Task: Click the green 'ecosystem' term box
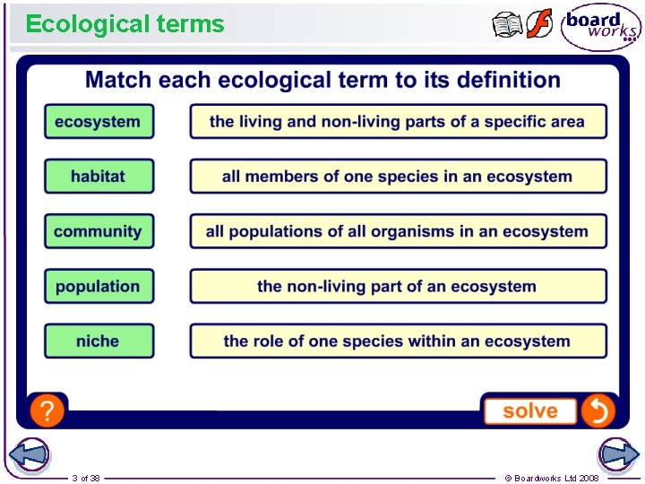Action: pyautogui.click(x=99, y=122)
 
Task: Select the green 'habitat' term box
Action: pyautogui.click(x=99, y=177)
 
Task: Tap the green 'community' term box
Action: pyautogui.click(x=99, y=231)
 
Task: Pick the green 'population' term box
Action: pyautogui.click(x=99, y=287)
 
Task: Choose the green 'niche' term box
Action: pyautogui.click(x=99, y=341)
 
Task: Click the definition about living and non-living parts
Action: pyautogui.click(x=398, y=122)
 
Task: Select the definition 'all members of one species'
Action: pyautogui.click(x=398, y=177)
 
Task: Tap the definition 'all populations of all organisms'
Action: pyautogui.click(x=398, y=231)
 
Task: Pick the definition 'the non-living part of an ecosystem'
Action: pyautogui.click(x=398, y=287)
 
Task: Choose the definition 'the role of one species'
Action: pyautogui.click(x=398, y=341)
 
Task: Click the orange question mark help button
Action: pyautogui.click(x=47, y=411)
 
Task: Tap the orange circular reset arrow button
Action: pyautogui.click(x=598, y=411)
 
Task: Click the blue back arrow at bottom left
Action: pyautogui.click(x=29, y=454)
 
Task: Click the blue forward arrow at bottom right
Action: pyautogui.click(x=618, y=454)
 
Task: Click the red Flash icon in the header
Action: pyautogui.click(x=539, y=25)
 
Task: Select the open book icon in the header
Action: pyautogui.click(x=508, y=25)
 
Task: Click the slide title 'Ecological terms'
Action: pyautogui.click(x=125, y=24)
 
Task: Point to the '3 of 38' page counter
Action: pyautogui.click(x=86, y=478)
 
